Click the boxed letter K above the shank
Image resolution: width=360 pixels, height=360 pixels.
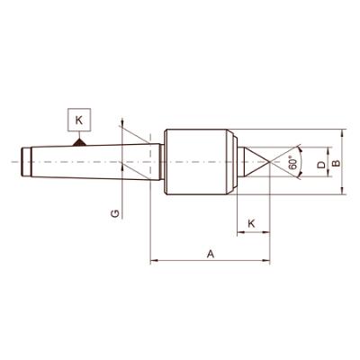click(x=79, y=118)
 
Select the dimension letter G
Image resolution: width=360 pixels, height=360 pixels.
click(x=114, y=212)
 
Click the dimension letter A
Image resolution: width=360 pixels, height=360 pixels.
click(x=210, y=254)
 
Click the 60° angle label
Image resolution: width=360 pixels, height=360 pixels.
click(x=292, y=163)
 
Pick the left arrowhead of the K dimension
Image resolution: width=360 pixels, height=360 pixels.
click(x=239, y=233)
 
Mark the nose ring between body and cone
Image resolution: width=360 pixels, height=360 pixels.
click(x=236, y=163)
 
